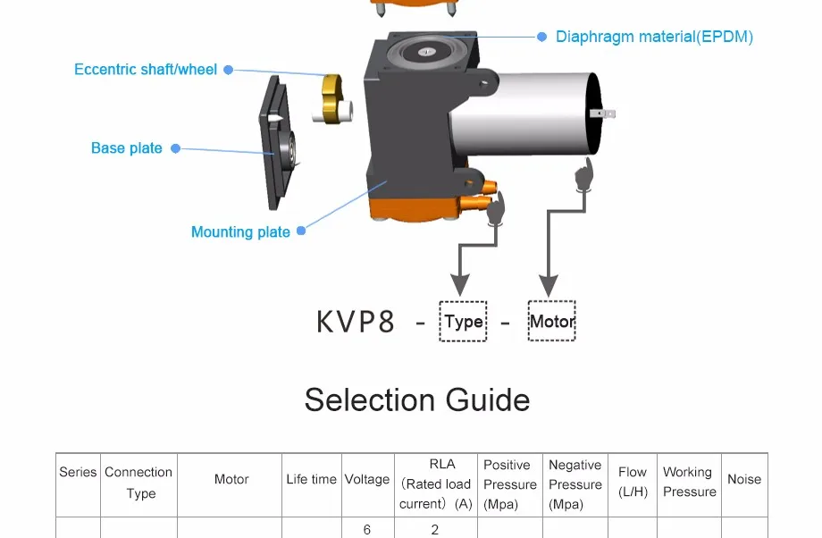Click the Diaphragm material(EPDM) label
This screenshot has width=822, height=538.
tap(654, 37)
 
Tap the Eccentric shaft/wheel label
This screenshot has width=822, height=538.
tap(146, 70)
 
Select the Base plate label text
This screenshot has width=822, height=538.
tap(126, 148)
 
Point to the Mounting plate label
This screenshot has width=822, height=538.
tap(240, 231)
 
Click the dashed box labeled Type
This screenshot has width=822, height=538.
tap(463, 321)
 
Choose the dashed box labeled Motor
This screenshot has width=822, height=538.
tap(551, 321)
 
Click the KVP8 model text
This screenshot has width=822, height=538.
tap(356, 322)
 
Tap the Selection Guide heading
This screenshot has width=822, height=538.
tap(417, 400)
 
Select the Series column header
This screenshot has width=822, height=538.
tap(78, 472)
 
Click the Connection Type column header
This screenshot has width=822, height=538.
tap(138, 483)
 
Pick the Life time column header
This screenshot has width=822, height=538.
tap(312, 479)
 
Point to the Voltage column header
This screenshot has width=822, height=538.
tap(367, 479)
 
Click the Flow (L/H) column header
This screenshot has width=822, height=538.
tap(633, 482)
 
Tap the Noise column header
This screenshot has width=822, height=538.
tap(744, 479)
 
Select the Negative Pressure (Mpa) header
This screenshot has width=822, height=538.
tap(575, 484)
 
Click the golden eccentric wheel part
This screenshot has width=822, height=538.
tap(332, 98)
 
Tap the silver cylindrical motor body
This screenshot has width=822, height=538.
tap(524, 113)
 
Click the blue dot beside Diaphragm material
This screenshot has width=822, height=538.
tap(542, 37)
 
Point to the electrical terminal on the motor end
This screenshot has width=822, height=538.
tap(603, 113)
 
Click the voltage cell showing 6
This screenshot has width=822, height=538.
tap(367, 530)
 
